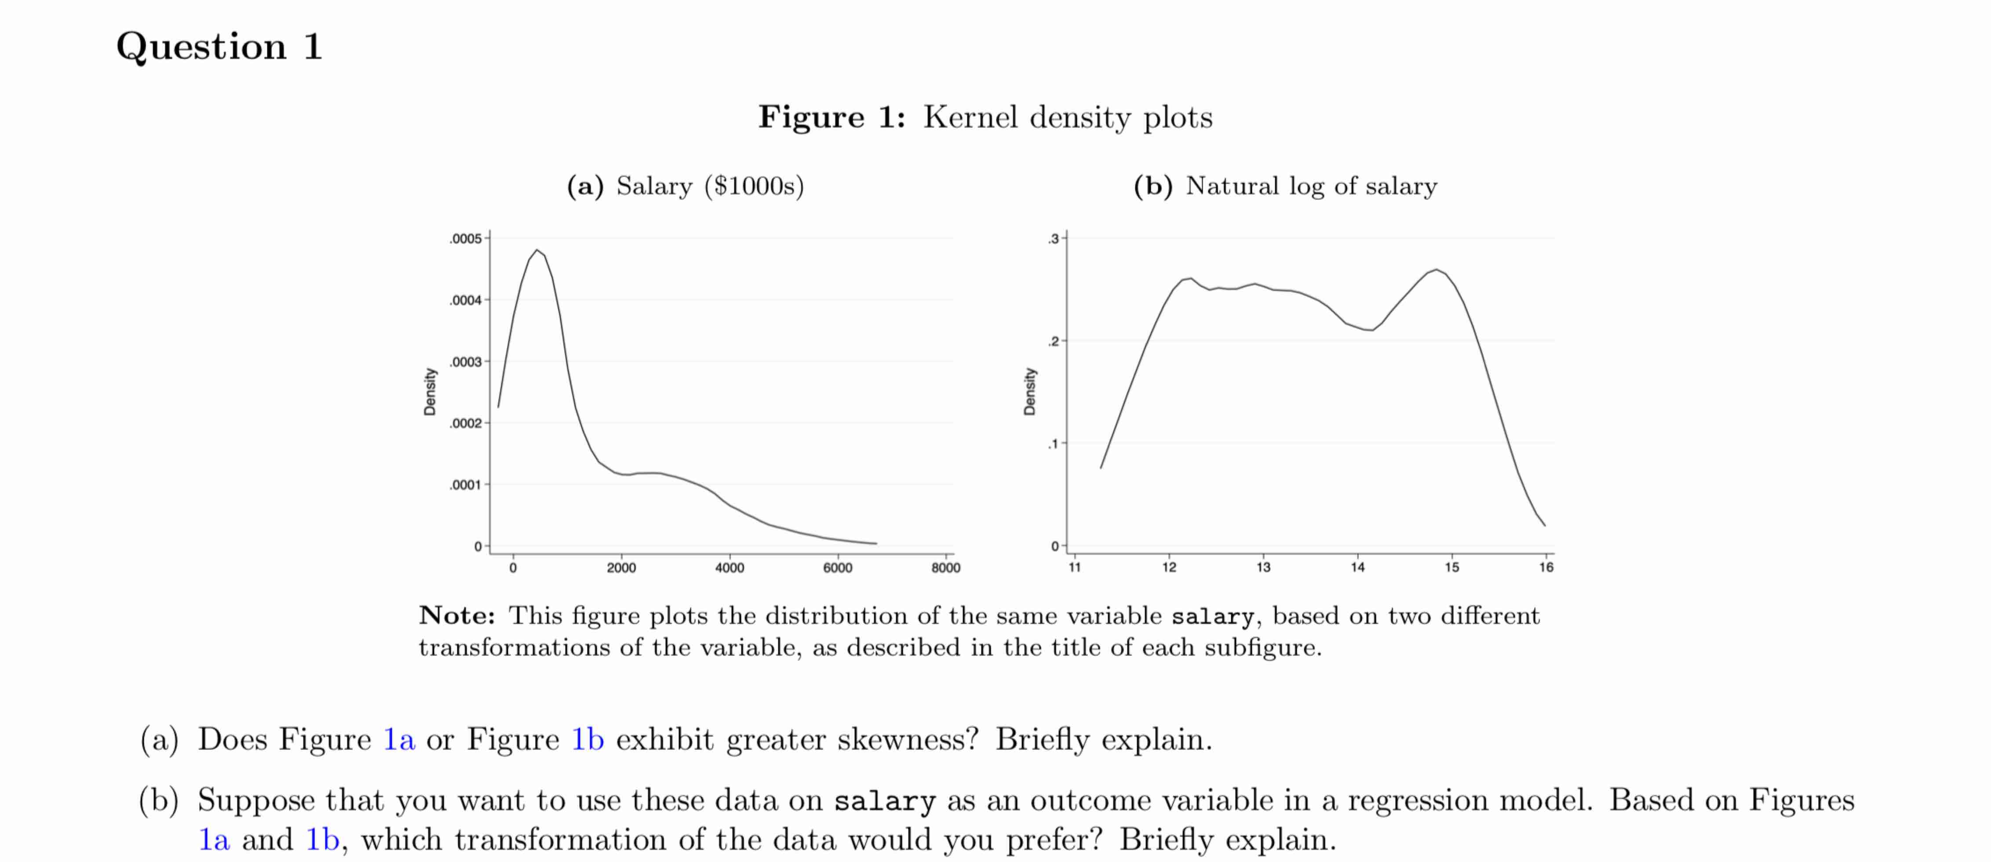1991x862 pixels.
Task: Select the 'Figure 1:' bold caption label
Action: coord(831,117)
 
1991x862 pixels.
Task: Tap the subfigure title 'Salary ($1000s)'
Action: coord(710,186)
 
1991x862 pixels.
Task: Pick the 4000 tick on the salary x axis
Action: coord(729,568)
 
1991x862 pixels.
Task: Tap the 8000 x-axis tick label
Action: coord(945,568)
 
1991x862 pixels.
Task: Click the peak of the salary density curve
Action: coord(536,250)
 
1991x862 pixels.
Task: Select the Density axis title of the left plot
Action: coord(430,391)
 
